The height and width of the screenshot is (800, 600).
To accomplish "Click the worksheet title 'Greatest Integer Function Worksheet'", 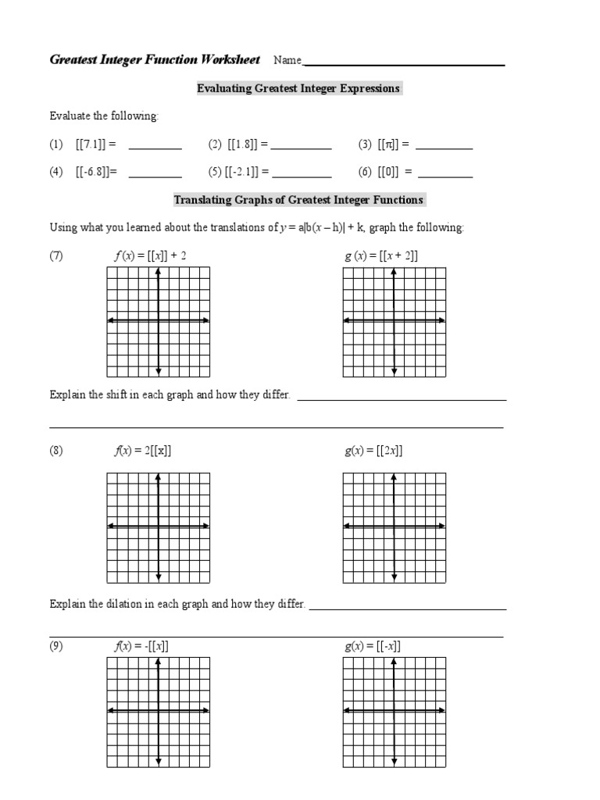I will pyautogui.click(x=155, y=60).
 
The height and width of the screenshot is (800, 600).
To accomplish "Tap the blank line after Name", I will pyautogui.click(x=403, y=64).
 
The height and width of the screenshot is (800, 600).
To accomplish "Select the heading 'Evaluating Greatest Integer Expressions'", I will pyautogui.click(x=298, y=88).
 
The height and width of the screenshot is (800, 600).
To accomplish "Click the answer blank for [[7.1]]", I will pyautogui.click(x=155, y=147).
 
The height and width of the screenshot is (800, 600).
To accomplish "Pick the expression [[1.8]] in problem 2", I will pyautogui.click(x=248, y=145).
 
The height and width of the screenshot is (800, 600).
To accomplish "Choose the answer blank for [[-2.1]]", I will pyautogui.click(x=301, y=176).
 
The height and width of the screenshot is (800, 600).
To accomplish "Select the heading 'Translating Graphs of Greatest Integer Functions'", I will pyautogui.click(x=298, y=200).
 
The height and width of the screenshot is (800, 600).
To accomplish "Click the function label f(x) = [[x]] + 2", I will pyautogui.click(x=150, y=255).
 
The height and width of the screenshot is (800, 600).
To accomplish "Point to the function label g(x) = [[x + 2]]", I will pyautogui.click(x=381, y=255).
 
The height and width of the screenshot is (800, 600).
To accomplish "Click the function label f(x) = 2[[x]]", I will pyautogui.click(x=143, y=451).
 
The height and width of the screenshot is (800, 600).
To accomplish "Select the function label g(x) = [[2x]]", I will pyautogui.click(x=373, y=451).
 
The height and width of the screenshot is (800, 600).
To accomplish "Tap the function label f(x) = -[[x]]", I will pyautogui.click(x=141, y=646).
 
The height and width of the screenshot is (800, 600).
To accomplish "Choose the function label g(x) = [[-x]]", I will pyautogui.click(x=373, y=646).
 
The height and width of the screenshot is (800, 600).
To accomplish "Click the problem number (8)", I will pyautogui.click(x=56, y=451).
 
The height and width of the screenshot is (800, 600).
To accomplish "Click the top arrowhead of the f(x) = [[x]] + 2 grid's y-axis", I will pyautogui.click(x=158, y=271).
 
